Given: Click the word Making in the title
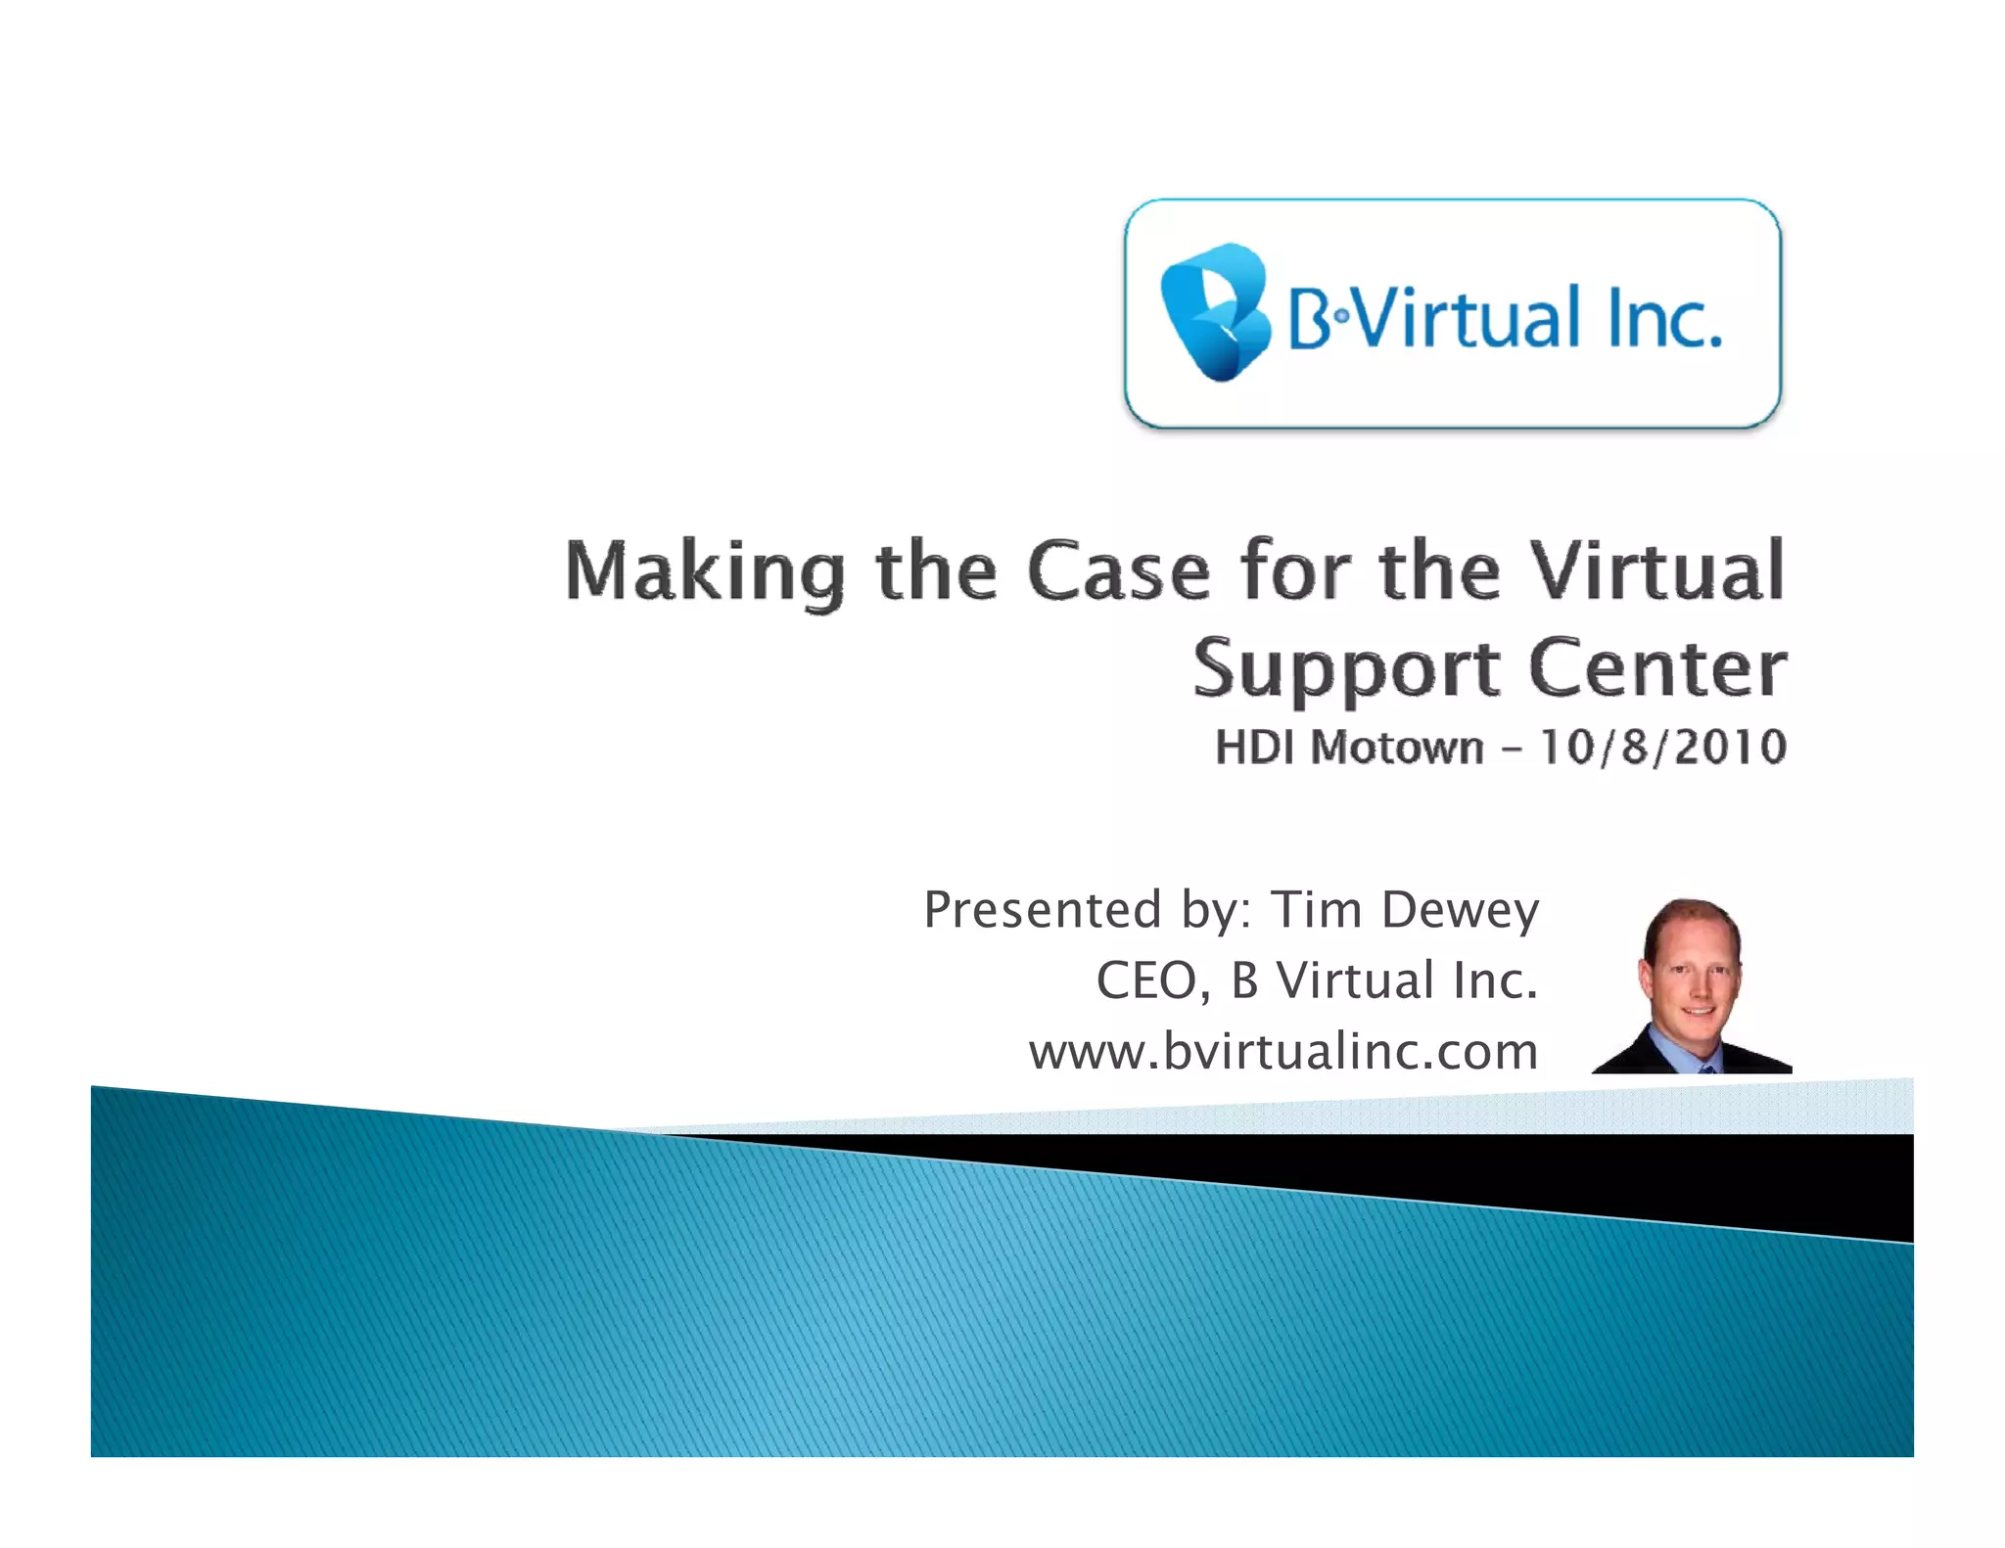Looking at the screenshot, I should click(705, 572).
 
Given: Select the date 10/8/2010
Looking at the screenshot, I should click(1663, 747).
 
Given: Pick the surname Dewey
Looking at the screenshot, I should click(1460, 911).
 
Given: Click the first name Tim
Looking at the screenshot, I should click(1316, 909).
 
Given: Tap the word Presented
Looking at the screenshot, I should click(1043, 909).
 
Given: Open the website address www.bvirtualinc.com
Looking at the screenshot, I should click(1282, 1052).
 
